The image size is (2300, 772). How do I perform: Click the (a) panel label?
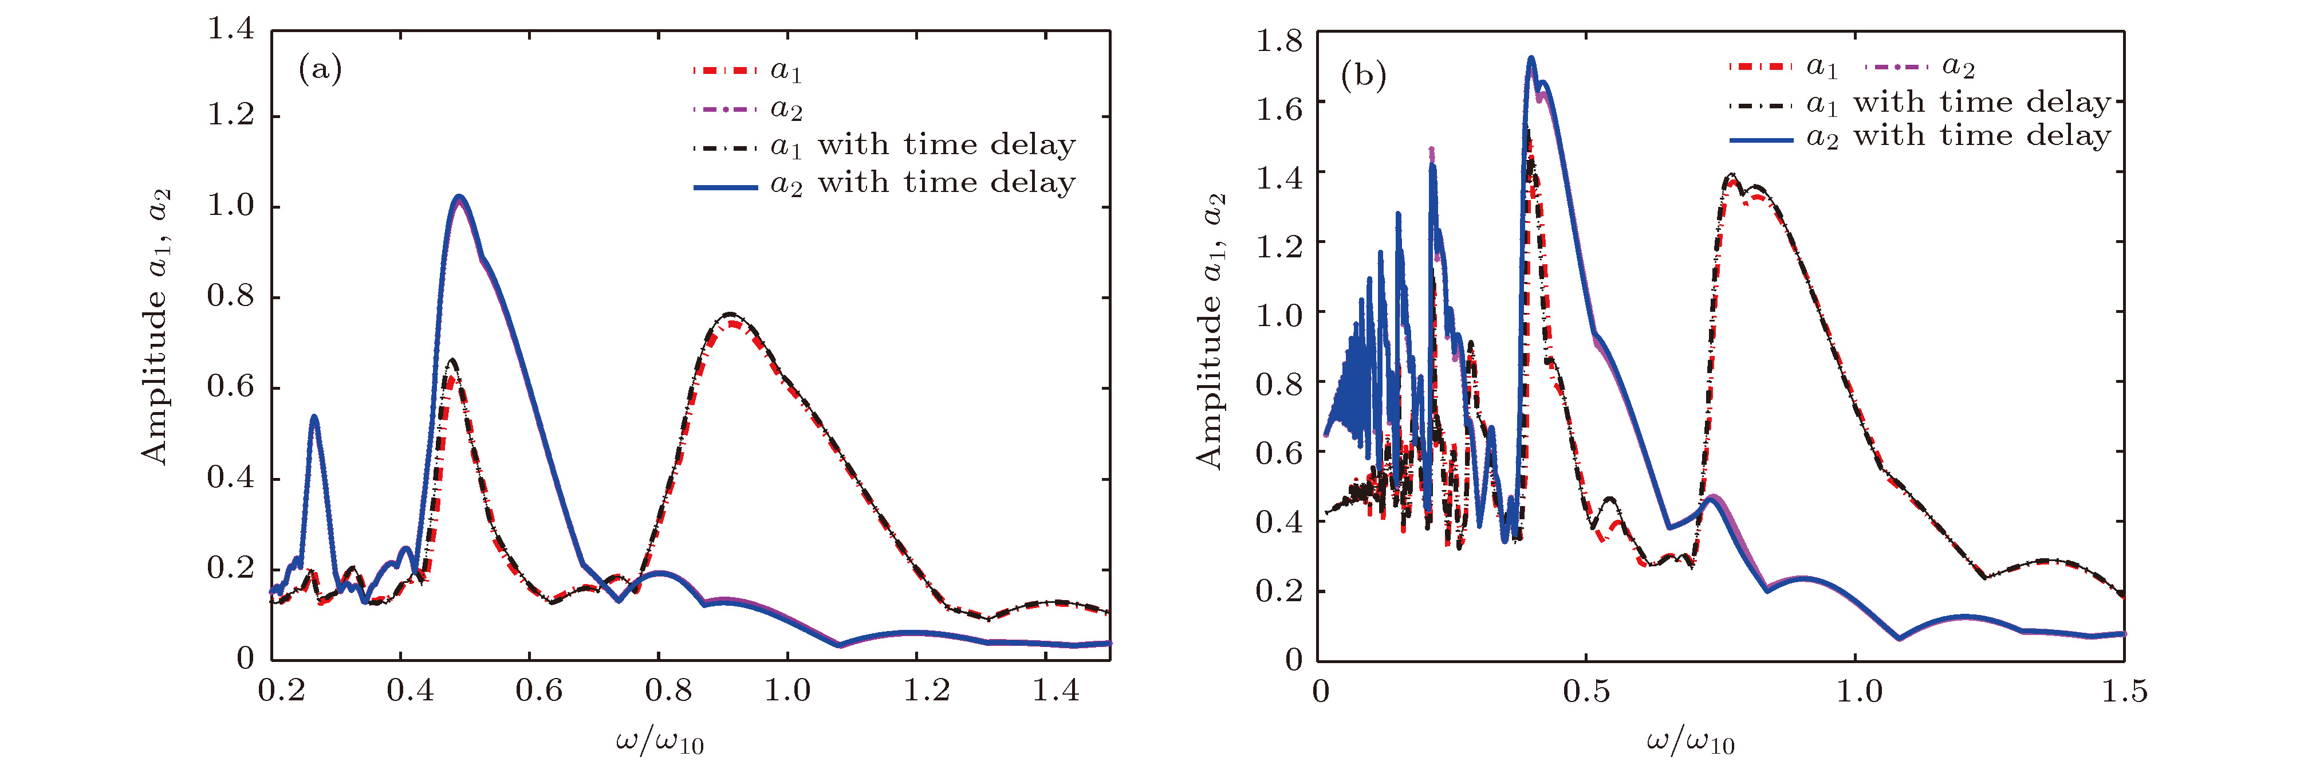tap(320, 69)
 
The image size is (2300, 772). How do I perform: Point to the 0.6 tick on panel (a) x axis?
tap(539, 690)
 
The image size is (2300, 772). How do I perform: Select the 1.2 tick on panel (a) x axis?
tap(926, 690)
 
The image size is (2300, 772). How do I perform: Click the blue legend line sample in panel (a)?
tap(725, 187)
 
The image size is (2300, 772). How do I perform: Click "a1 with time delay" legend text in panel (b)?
tap(1959, 104)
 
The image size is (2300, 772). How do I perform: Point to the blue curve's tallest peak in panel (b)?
tap(1530, 59)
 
